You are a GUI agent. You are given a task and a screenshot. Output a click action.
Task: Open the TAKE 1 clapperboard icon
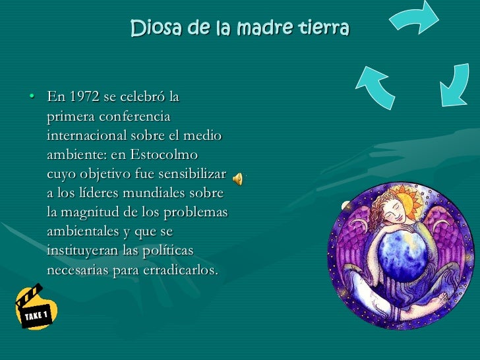click(37, 307)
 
